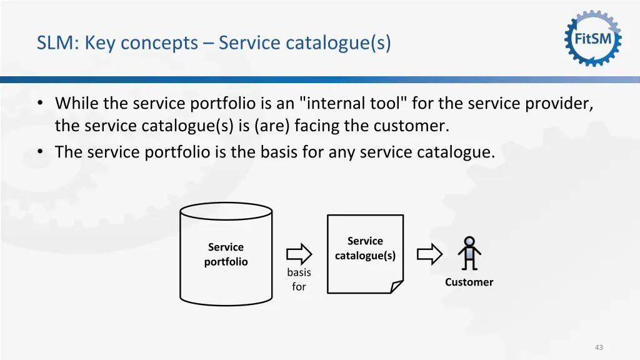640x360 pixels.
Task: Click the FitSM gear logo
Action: pos(593,39)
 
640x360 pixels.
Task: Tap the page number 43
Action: pos(599,347)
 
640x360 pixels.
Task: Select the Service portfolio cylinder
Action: pos(226,254)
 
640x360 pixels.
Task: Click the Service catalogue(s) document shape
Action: pos(365,253)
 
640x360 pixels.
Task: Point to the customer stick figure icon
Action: pos(469,253)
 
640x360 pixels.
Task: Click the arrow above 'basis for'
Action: pos(299,254)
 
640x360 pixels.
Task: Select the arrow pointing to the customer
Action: pos(429,254)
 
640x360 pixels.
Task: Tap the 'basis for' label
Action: pos(299,279)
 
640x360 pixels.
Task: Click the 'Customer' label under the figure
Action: pos(469,282)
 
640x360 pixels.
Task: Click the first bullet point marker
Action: pos(40,103)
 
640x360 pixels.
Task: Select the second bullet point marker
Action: pos(40,152)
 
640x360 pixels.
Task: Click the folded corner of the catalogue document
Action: pos(396,286)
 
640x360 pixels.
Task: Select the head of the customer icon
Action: pos(469,241)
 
